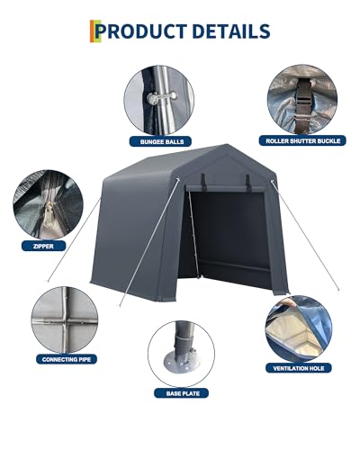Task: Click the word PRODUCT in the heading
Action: [x=141, y=31]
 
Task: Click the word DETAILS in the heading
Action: [x=231, y=31]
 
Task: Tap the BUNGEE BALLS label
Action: [x=160, y=141]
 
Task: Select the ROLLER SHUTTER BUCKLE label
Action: [x=302, y=140]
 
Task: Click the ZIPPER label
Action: [x=43, y=247]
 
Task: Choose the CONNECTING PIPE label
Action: [x=67, y=359]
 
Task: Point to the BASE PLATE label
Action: [x=181, y=393]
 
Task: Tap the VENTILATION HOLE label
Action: [x=299, y=368]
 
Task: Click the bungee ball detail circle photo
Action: [x=159, y=100]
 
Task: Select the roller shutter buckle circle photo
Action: [x=302, y=100]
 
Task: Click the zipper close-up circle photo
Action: [x=48, y=205]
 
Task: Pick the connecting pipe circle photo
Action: [x=65, y=319]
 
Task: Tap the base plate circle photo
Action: [x=181, y=354]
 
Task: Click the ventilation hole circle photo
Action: [x=299, y=328]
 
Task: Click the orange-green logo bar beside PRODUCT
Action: [x=94, y=31]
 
